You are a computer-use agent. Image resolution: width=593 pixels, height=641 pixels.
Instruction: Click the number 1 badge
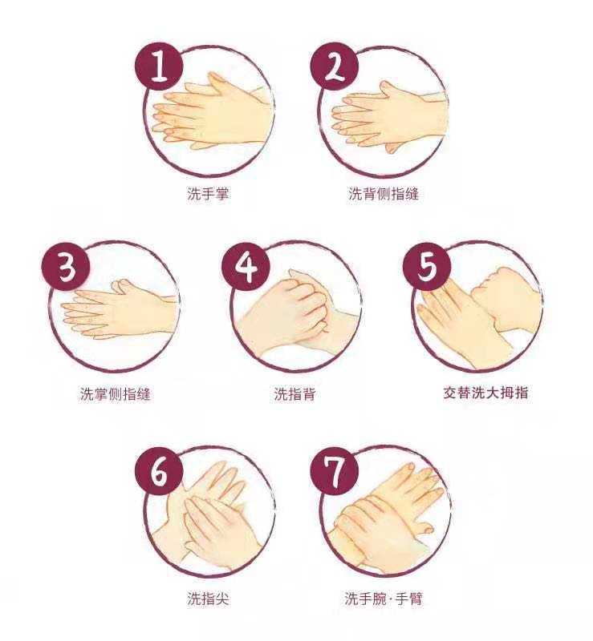tap(159, 67)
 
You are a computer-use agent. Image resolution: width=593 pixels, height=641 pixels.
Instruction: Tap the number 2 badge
tap(334, 67)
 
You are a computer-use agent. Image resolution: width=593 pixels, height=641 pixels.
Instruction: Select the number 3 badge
tap(66, 267)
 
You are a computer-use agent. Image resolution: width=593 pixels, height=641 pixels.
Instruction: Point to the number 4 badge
tap(246, 267)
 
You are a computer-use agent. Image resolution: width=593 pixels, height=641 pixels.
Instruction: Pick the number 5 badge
tap(428, 266)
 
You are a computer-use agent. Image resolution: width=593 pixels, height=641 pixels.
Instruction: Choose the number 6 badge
tap(159, 471)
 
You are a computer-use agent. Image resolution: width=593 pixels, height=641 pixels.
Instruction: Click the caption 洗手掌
tap(208, 193)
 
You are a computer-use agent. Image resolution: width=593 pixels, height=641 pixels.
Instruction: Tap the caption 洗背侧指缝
tap(384, 193)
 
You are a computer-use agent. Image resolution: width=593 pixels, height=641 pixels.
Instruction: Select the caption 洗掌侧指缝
tap(115, 393)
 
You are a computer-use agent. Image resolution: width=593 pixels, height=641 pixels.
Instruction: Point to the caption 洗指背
tap(294, 394)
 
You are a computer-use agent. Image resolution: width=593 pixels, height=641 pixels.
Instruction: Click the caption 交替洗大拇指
tap(485, 393)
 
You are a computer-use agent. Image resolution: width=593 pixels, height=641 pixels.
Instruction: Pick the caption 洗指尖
tap(208, 599)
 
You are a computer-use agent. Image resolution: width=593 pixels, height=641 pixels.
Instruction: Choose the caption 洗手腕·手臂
tap(384, 599)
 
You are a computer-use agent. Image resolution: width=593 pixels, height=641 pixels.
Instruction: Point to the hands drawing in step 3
tap(120, 309)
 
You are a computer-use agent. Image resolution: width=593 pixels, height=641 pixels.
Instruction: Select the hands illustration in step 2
tap(388, 116)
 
